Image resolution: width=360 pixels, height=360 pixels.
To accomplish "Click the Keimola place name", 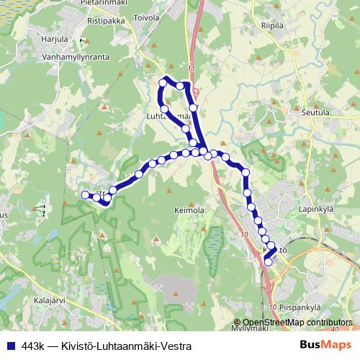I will point(189,211).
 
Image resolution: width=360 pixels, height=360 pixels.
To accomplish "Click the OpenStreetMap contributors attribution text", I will point(297,323).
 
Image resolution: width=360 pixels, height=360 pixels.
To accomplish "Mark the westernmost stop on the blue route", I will point(85,194).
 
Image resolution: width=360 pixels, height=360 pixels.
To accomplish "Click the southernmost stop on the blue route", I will point(269,262).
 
